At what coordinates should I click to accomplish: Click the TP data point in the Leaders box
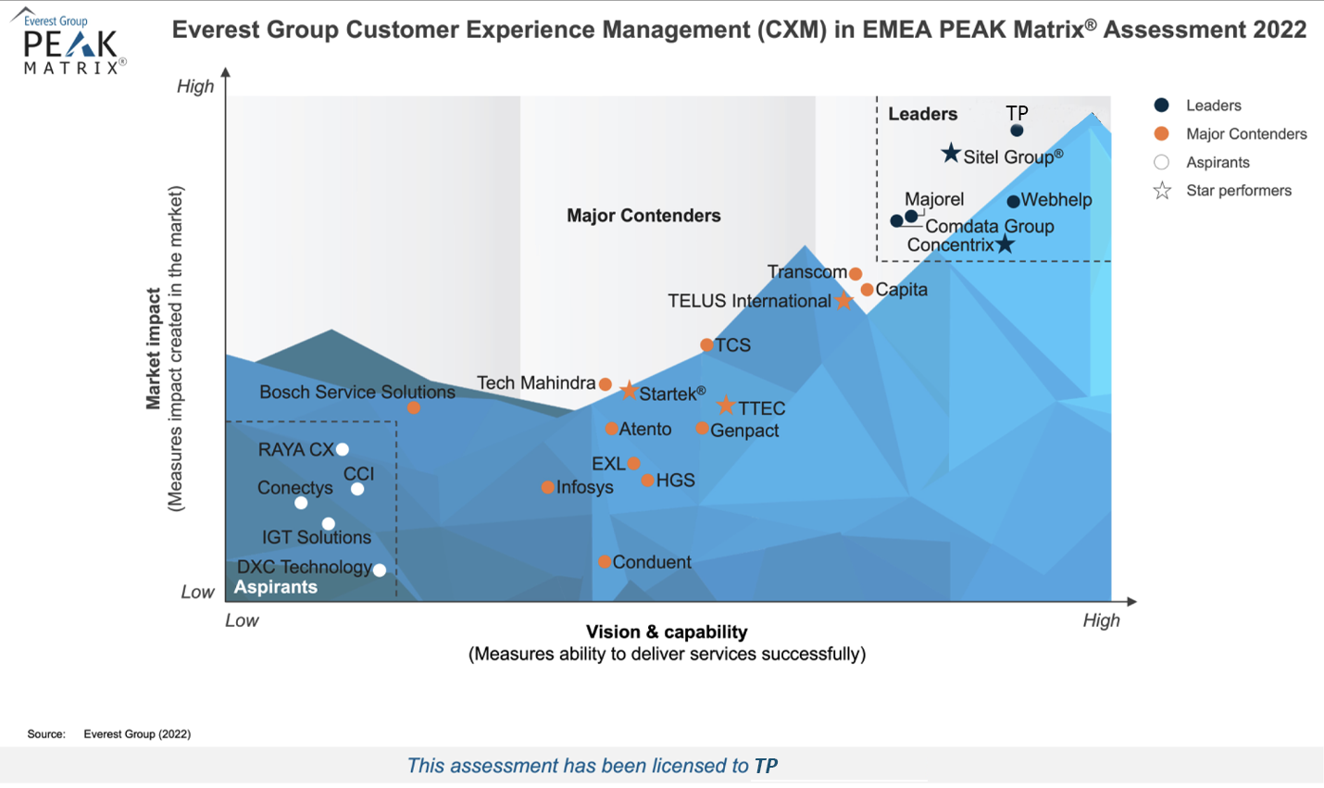tap(1017, 131)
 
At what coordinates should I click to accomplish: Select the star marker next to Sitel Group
tap(951, 154)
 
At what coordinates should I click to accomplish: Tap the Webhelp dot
tap(1013, 201)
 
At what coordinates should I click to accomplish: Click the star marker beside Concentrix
tap(1005, 244)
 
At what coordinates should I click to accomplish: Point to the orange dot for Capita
tap(867, 290)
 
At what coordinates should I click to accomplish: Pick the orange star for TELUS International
tap(843, 301)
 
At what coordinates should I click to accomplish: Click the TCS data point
tap(706, 345)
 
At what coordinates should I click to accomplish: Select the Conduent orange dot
tap(604, 562)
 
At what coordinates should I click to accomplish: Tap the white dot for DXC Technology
tap(379, 570)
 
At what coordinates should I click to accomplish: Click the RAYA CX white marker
tap(343, 449)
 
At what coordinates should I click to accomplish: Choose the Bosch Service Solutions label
tap(356, 392)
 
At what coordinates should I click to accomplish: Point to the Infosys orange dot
tap(548, 487)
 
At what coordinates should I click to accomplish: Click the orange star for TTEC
tap(726, 406)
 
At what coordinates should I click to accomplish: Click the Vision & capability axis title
tap(667, 632)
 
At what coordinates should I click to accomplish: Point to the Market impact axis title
tap(154, 348)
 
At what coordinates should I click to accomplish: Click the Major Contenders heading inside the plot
tap(643, 216)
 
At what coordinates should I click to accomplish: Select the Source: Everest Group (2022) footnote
tap(109, 733)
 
